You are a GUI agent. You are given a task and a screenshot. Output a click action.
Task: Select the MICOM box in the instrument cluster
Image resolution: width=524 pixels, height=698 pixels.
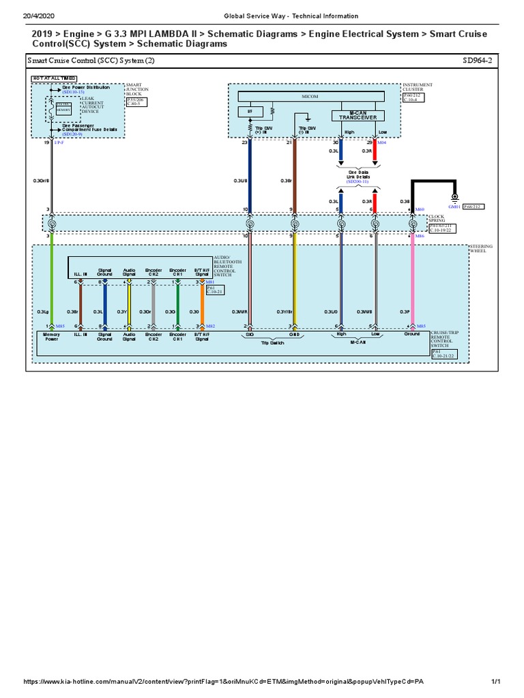[x=315, y=97]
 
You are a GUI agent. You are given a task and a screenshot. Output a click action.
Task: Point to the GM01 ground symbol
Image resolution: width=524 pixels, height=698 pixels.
[x=454, y=198]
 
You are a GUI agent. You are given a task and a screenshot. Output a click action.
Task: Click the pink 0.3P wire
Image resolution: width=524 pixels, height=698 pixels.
[x=412, y=286]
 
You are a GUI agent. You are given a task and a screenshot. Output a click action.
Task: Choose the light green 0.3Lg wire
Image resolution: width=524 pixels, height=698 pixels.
[x=52, y=286]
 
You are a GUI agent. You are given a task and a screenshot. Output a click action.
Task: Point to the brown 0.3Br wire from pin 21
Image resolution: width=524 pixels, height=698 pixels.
[x=294, y=170]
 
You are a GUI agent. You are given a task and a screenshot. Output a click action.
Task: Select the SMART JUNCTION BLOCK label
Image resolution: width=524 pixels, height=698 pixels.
[x=136, y=89]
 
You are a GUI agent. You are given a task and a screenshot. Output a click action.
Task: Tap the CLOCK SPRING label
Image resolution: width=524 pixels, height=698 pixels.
[x=436, y=219]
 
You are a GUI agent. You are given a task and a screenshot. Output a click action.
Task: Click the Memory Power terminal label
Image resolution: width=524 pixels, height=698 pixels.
[x=52, y=336]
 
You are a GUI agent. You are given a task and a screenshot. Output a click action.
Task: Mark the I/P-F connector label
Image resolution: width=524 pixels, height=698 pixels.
[x=59, y=142]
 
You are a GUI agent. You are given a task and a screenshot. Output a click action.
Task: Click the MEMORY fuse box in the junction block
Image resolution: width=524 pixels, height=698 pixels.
[x=63, y=109]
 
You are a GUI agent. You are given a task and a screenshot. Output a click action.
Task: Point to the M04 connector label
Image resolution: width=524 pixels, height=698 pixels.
[x=381, y=142]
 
